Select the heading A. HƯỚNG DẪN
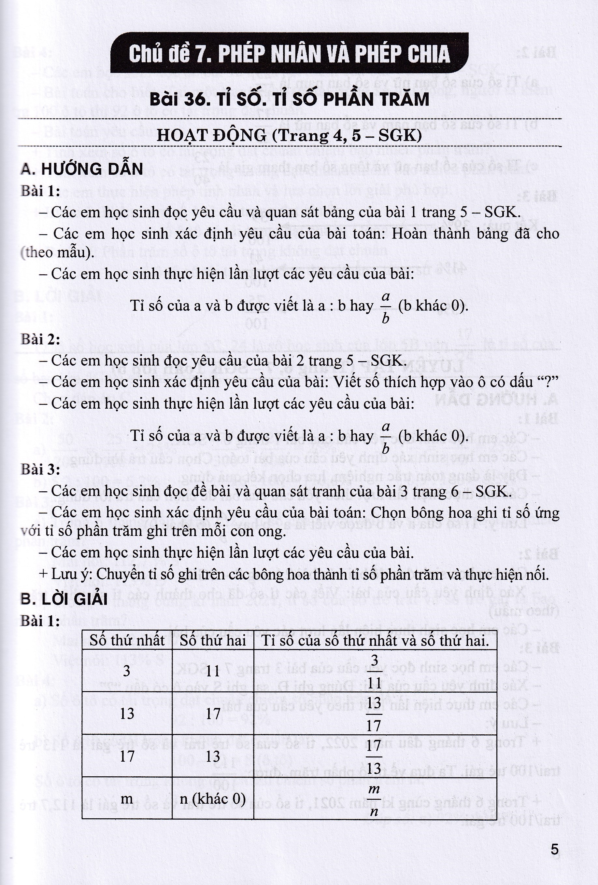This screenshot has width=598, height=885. (82, 169)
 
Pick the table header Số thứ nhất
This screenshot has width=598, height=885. (127, 641)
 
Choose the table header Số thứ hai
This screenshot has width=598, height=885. (213, 641)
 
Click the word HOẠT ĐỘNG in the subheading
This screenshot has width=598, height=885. (211, 136)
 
